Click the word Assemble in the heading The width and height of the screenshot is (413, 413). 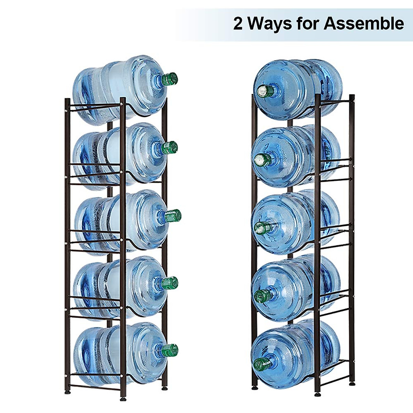[x=364, y=24]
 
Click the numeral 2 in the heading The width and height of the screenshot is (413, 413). [x=238, y=24]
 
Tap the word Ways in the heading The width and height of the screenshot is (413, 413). [x=269, y=24]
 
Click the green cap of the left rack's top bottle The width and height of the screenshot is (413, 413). [x=170, y=79]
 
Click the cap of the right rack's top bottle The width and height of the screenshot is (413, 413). [x=263, y=91]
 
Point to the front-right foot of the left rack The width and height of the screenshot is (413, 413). [x=123, y=399]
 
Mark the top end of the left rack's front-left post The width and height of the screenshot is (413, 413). [x=67, y=100]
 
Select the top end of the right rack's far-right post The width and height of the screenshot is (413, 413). [x=351, y=96]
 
